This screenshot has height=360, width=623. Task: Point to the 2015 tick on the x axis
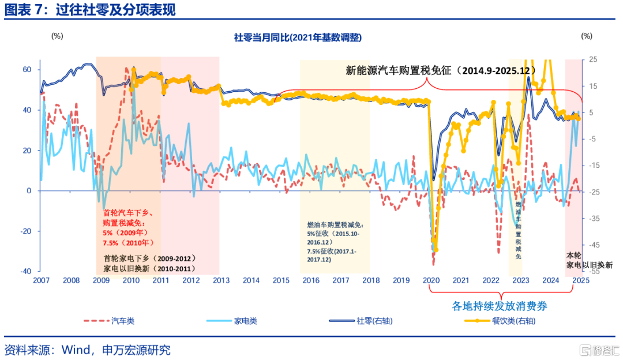pyautogui.click(x=281, y=280)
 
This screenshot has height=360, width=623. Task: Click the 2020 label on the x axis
pyautogui.click(x=431, y=280)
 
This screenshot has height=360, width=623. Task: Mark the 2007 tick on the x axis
pyautogui.click(x=41, y=280)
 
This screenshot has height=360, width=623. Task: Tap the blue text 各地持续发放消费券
pyautogui.click(x=499, y=306)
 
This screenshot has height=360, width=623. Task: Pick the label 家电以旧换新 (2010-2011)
pyautogui.click(x=149, y=269)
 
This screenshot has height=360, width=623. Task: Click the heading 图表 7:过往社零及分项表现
pyautogui.click(x=90, y=10)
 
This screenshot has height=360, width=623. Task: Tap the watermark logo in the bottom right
pyautogui.click(x=598, y=350)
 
